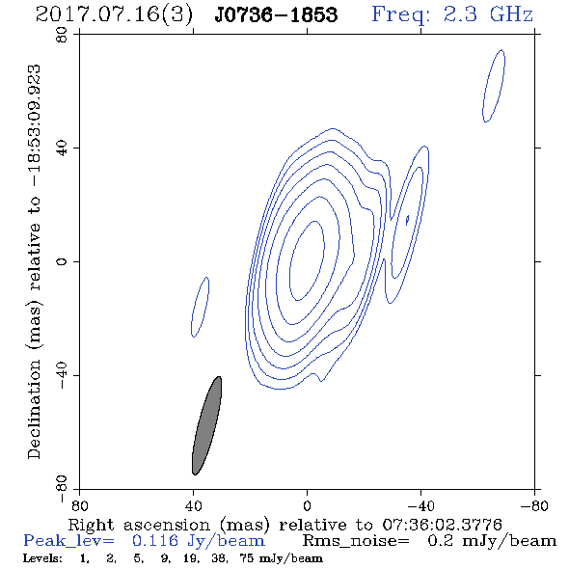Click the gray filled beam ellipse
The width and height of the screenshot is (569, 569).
206,425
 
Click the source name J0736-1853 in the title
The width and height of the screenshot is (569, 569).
276,14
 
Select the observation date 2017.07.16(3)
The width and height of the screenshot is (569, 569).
114,15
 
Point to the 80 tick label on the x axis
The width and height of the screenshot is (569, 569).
79,506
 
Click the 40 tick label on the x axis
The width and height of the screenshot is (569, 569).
193,506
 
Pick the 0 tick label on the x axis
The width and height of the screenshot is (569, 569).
307,506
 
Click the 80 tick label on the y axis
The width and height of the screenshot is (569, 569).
62,35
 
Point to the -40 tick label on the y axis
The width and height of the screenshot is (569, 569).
62,375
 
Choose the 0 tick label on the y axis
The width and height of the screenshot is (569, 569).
62,261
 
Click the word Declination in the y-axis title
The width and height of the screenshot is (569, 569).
34,409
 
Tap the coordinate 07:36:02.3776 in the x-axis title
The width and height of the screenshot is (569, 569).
442,525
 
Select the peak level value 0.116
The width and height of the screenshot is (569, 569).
155,541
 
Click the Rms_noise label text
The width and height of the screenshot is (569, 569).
356,541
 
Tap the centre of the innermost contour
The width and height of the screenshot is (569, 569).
307,260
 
